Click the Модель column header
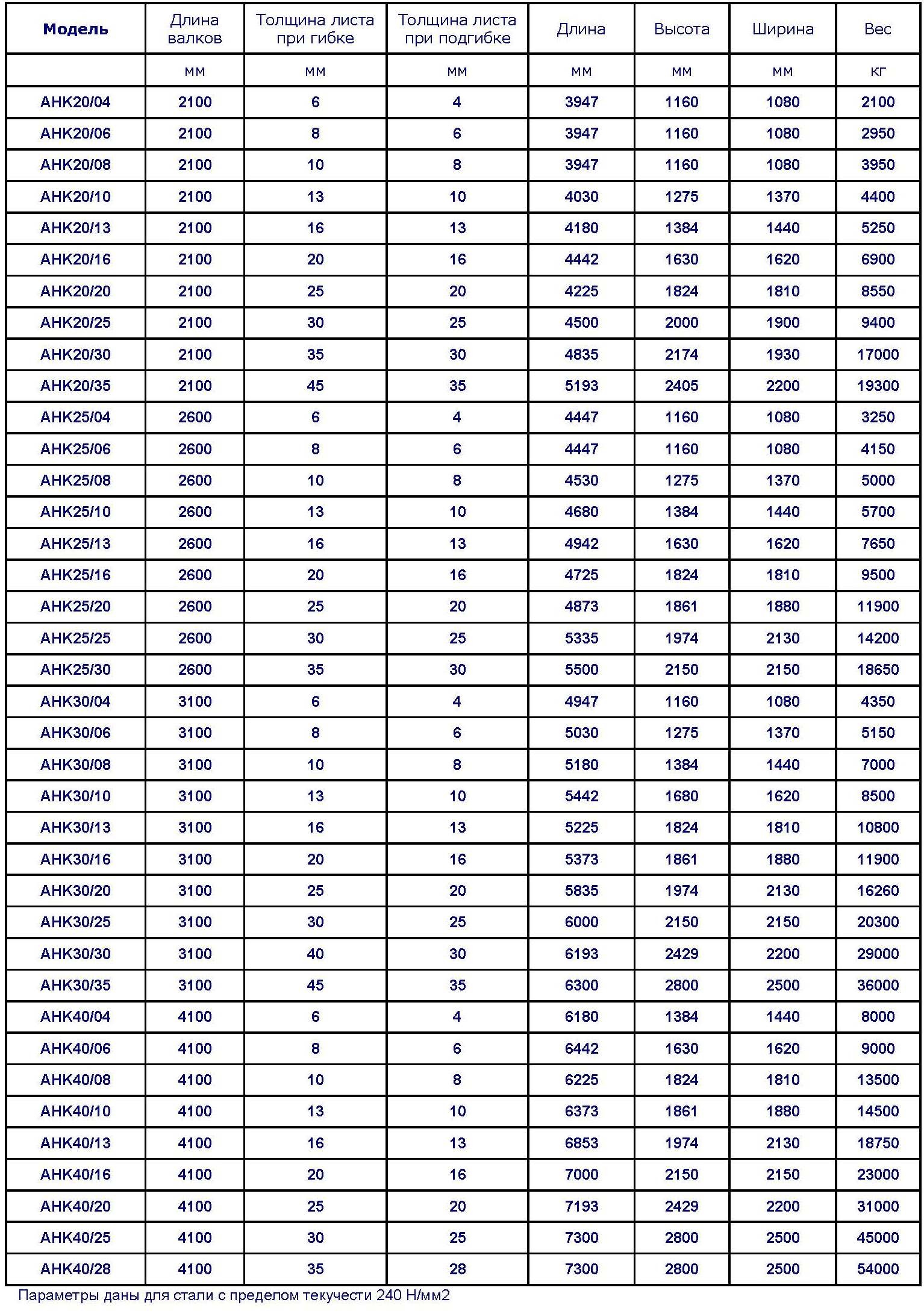75,29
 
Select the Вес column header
877,29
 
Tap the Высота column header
681,29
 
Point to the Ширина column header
782,29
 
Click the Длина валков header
195,29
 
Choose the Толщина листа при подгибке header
457,29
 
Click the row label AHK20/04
75,102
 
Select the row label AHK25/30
75,669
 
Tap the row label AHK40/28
75,1269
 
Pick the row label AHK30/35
75,985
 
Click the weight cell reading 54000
878,1269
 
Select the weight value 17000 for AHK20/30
878,354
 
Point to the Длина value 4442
581,260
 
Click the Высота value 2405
681,386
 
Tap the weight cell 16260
878,890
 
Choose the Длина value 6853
581,1143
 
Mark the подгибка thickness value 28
457,1269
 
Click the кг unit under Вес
878,71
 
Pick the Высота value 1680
681,796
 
